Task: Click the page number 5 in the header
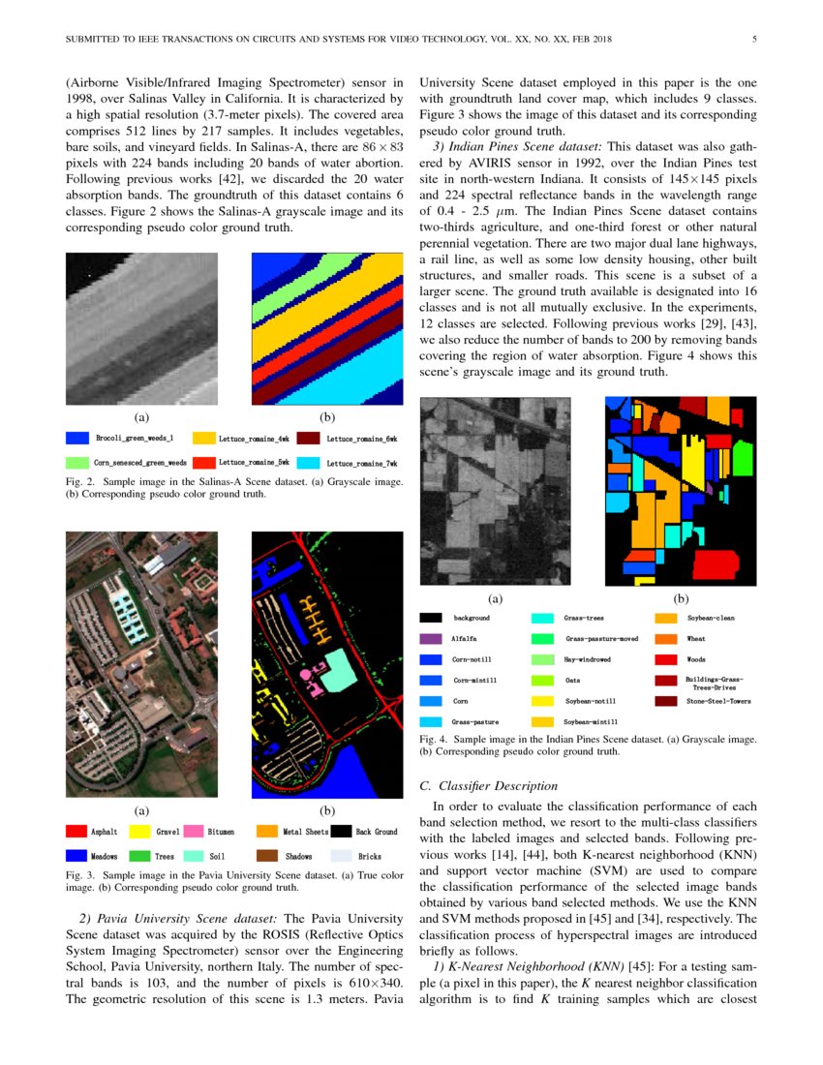click(753, 40)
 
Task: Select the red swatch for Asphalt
click(76, 831)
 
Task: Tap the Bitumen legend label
click(221, 832)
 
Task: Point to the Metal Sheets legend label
click(303, 832)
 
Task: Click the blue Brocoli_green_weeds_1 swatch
click(76, 439)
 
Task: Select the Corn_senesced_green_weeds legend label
click(139, 463)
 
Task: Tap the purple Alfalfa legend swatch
click(431, 639)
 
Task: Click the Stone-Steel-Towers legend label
click(718, 701)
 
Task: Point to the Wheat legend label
click(696, 639)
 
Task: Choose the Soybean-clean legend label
click(710, 618)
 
